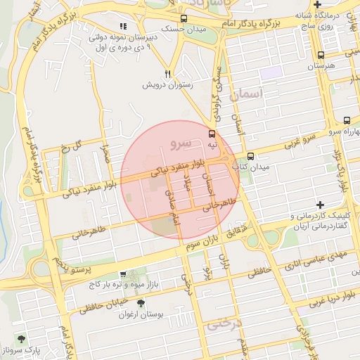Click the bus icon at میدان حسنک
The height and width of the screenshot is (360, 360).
pos(184,19)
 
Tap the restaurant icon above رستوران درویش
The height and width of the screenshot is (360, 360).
pos(167,72)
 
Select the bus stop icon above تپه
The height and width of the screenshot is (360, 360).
pos(212,133)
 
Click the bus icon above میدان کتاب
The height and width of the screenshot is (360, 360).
pos(251,157)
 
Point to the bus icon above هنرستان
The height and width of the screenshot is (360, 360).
pos(321,55)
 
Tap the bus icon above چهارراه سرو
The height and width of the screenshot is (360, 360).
pos(347,121)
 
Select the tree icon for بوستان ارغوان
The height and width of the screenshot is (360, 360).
pos(141,304)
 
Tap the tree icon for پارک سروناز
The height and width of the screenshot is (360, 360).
pos(20,339)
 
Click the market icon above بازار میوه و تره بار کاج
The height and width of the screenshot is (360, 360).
pos(124,274)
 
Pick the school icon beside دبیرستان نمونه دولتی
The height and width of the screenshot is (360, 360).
pos(124,26)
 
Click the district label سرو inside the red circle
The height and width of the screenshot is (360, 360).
pos(180,143)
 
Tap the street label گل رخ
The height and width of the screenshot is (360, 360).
pos(72,146)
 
